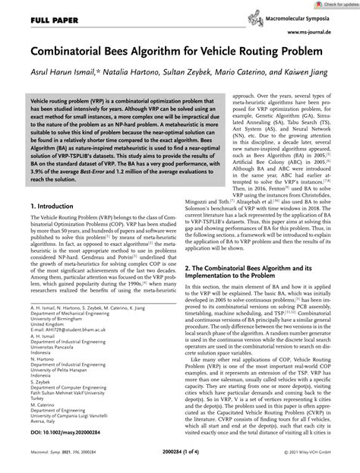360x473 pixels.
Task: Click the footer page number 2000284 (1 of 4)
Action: (179, 464)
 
